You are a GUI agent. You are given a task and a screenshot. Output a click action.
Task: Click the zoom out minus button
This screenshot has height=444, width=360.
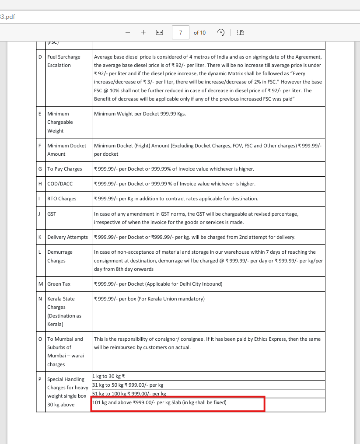point(128,32)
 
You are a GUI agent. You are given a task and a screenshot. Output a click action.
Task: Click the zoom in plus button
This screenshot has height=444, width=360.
point(143,32)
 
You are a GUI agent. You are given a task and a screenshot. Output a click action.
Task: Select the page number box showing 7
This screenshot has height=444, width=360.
point(181,32)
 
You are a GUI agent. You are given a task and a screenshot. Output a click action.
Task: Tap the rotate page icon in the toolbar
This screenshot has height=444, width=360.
point(221,32)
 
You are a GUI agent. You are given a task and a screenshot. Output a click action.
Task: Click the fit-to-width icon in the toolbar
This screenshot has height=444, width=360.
point(159,32)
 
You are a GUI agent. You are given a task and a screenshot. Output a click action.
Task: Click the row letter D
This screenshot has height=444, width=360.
point(41,57)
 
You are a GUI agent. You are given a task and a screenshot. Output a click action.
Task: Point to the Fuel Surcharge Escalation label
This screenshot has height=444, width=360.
point(64,61)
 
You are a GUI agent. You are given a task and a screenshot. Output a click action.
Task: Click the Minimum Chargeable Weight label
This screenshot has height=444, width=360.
point(60,122)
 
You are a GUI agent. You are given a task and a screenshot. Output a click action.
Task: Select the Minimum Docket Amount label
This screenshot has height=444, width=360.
point(66,150)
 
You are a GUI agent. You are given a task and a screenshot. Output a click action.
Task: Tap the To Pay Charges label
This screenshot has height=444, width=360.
point(65,169)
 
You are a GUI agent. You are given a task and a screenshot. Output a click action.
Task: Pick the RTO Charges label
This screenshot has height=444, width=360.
point(62,199)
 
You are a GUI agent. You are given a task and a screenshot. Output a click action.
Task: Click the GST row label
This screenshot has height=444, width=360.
point(52,214)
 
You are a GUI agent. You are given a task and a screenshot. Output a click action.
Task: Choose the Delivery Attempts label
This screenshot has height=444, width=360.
point(67,237)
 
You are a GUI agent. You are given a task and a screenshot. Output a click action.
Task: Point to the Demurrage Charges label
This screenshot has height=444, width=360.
point(60,256)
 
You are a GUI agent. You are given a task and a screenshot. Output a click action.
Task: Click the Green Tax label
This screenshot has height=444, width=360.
point(59,284)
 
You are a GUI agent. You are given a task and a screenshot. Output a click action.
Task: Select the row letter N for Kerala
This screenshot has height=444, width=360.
point(40,299)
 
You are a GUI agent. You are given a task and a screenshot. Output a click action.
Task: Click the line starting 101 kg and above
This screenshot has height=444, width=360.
point(159,402)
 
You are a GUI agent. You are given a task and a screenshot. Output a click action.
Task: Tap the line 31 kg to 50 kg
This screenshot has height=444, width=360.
point(128,385)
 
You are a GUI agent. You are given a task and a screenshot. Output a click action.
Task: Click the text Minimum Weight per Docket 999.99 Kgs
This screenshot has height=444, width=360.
point(140,114)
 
